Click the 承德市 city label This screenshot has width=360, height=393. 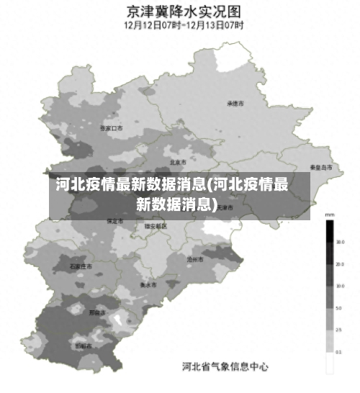pos(235,104)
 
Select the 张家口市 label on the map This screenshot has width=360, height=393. pos(111,128)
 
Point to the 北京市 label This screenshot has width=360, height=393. pos(178,162)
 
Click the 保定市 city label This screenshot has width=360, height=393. pos(114,221)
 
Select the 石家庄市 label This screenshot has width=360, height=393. pos(81,266)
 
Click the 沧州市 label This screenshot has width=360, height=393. pos(195,258)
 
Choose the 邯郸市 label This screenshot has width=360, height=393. pos(84,345)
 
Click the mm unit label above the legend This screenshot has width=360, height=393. pos(329,214)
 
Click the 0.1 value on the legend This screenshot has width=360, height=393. pos(340,352)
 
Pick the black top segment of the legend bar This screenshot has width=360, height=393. pos(329,230)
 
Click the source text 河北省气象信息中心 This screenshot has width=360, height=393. pos(225,367)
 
